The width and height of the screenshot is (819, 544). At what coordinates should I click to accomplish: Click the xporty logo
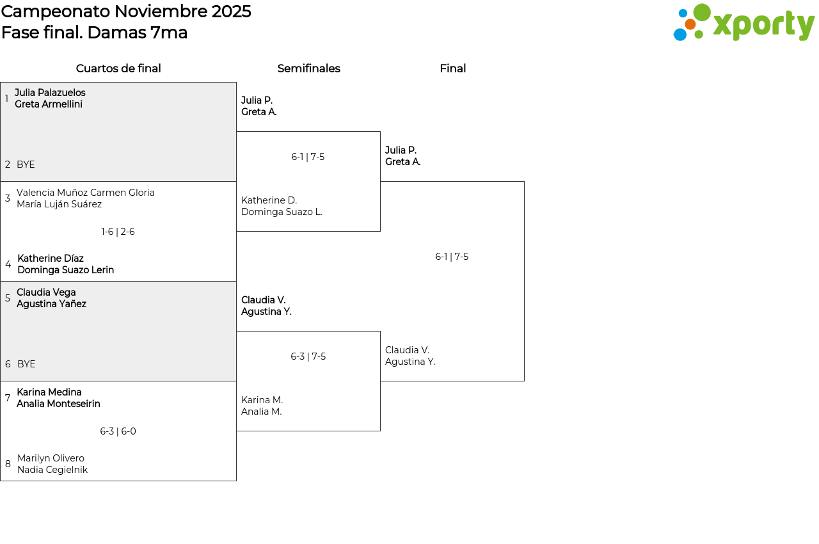coord(743,22)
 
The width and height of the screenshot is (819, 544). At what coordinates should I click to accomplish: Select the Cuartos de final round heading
coord(118,68)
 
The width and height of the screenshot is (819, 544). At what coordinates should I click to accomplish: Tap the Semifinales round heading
coord(308,68)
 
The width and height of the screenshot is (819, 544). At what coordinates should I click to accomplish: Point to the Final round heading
coord(452,68)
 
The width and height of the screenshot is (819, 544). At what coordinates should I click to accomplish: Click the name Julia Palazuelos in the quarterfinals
coord(50,93)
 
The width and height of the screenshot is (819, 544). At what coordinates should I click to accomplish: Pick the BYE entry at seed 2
coord(26,164)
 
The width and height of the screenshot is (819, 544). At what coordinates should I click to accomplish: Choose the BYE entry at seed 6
coord(26,364)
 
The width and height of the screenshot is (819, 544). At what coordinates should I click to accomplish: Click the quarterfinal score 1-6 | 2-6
coord(118,232)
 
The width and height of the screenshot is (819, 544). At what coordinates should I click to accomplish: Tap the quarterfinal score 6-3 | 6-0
coord(118,431)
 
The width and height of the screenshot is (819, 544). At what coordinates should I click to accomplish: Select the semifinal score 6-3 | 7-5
coord(308,356)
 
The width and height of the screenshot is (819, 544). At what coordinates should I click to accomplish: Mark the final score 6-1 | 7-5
coord(452,256)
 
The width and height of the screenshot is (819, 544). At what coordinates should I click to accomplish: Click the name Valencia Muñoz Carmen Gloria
coord(86,192)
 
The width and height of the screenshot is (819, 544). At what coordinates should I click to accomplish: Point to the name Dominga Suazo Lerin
coord(66,270)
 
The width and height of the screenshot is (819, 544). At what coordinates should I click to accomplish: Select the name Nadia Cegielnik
coord(52,469)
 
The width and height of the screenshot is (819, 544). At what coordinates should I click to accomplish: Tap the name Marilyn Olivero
coord(51,458)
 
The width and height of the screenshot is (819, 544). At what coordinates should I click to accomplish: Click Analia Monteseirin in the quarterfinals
coord(58,404)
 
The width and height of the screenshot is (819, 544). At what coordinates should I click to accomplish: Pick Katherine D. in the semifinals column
coord(269,200)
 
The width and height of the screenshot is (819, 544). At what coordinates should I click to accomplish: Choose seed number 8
coord(8,463)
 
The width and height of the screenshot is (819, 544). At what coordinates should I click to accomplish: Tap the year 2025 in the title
coord(231,12)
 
